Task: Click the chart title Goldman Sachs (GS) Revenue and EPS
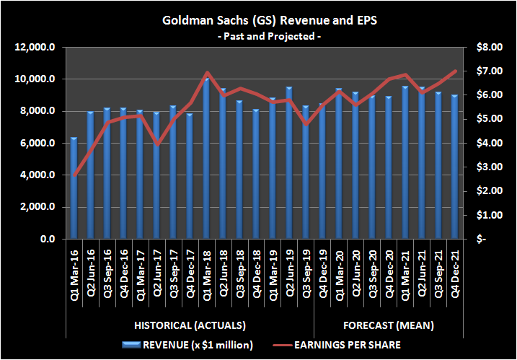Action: coord(258,20)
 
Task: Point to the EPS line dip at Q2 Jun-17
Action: coord(156,144)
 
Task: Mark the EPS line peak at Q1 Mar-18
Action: coord(206,73)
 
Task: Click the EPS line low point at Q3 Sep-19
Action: coord(306,124)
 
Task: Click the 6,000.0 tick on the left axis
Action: coord(37,144)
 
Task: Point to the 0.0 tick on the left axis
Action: coord(48,239)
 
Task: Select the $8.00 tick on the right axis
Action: coord(486,48)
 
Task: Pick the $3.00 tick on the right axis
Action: coord(486,167)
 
